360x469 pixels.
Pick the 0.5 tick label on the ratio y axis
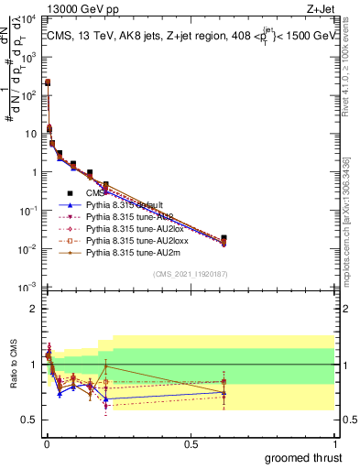pyautogui.click(x=29, y=420)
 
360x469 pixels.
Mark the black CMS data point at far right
pyautogui.click(x=224, y=238)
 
